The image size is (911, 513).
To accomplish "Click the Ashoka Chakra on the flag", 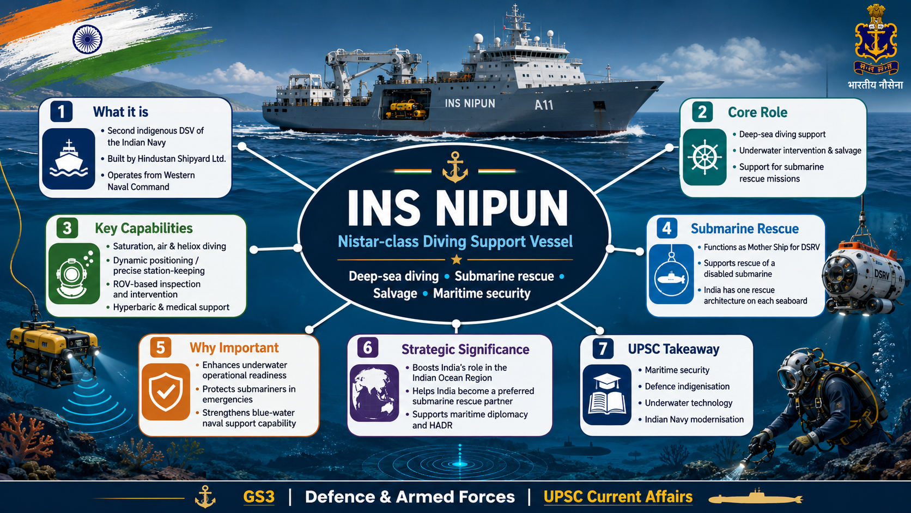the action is click(87, 39).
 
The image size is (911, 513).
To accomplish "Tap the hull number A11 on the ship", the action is click(544, 105).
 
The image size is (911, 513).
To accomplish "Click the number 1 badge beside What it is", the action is click(62, 111).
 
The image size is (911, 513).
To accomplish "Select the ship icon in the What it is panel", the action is click(68, 159).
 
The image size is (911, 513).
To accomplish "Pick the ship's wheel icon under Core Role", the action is click(704, 157).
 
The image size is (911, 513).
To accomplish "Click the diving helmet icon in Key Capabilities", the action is click(74, 274).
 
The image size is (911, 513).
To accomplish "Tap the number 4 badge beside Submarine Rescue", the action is click(667, 228).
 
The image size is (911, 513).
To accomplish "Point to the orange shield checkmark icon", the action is click(166, 392).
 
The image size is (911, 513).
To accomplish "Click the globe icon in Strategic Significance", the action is click(374, 393).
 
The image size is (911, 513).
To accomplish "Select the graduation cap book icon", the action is click(607, 395).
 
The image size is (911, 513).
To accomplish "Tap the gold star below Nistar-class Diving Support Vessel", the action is click(456, 259).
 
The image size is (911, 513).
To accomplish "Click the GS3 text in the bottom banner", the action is click(259, 497).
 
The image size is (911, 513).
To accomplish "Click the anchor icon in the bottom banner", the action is click(205, 497).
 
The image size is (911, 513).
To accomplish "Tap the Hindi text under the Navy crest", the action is click(875, 85).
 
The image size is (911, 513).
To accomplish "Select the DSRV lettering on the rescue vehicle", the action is click(882, 274).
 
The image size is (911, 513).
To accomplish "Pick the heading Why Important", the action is click(234, 348).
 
